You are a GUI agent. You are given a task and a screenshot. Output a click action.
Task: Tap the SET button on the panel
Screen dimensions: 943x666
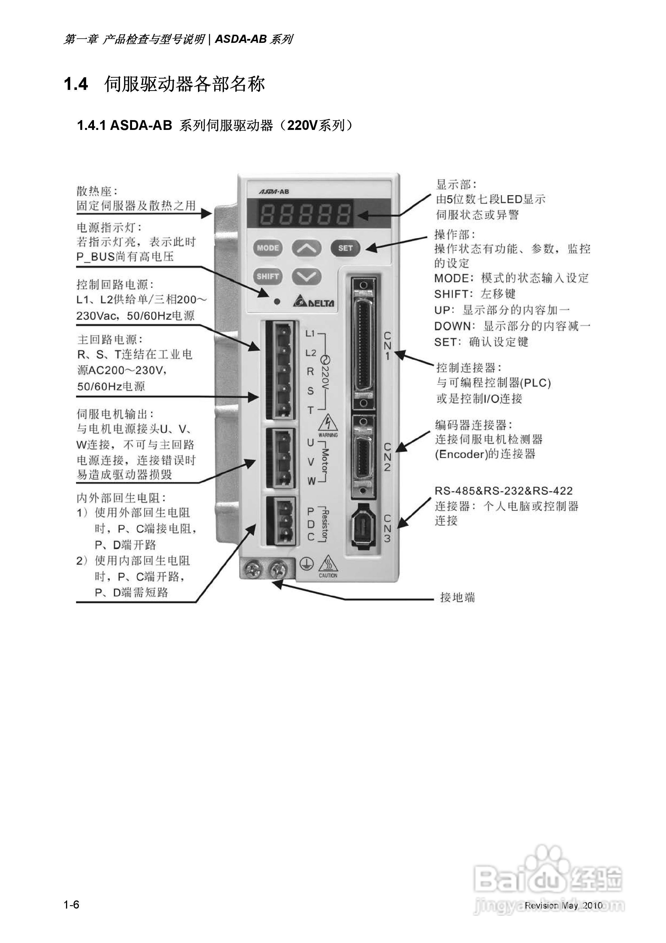click(x=345, y=248)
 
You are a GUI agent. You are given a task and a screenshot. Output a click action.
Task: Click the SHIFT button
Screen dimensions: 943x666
click(x=268, y=276)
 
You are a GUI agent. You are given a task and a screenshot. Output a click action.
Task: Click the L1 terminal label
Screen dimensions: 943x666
click(x=310, y=333)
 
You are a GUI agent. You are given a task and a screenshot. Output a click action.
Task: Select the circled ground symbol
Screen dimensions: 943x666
click(x=306, y=564)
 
